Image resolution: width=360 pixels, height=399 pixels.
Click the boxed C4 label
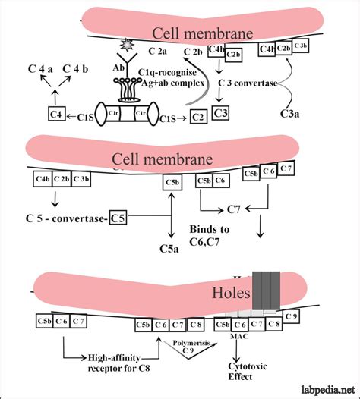(55, 113)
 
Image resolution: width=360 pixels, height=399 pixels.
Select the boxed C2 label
(197, 117)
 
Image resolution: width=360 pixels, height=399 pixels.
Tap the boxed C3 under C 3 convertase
(220, 113)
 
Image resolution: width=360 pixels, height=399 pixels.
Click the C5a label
(168, 248)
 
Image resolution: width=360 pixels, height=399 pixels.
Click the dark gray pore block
(267, 288)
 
